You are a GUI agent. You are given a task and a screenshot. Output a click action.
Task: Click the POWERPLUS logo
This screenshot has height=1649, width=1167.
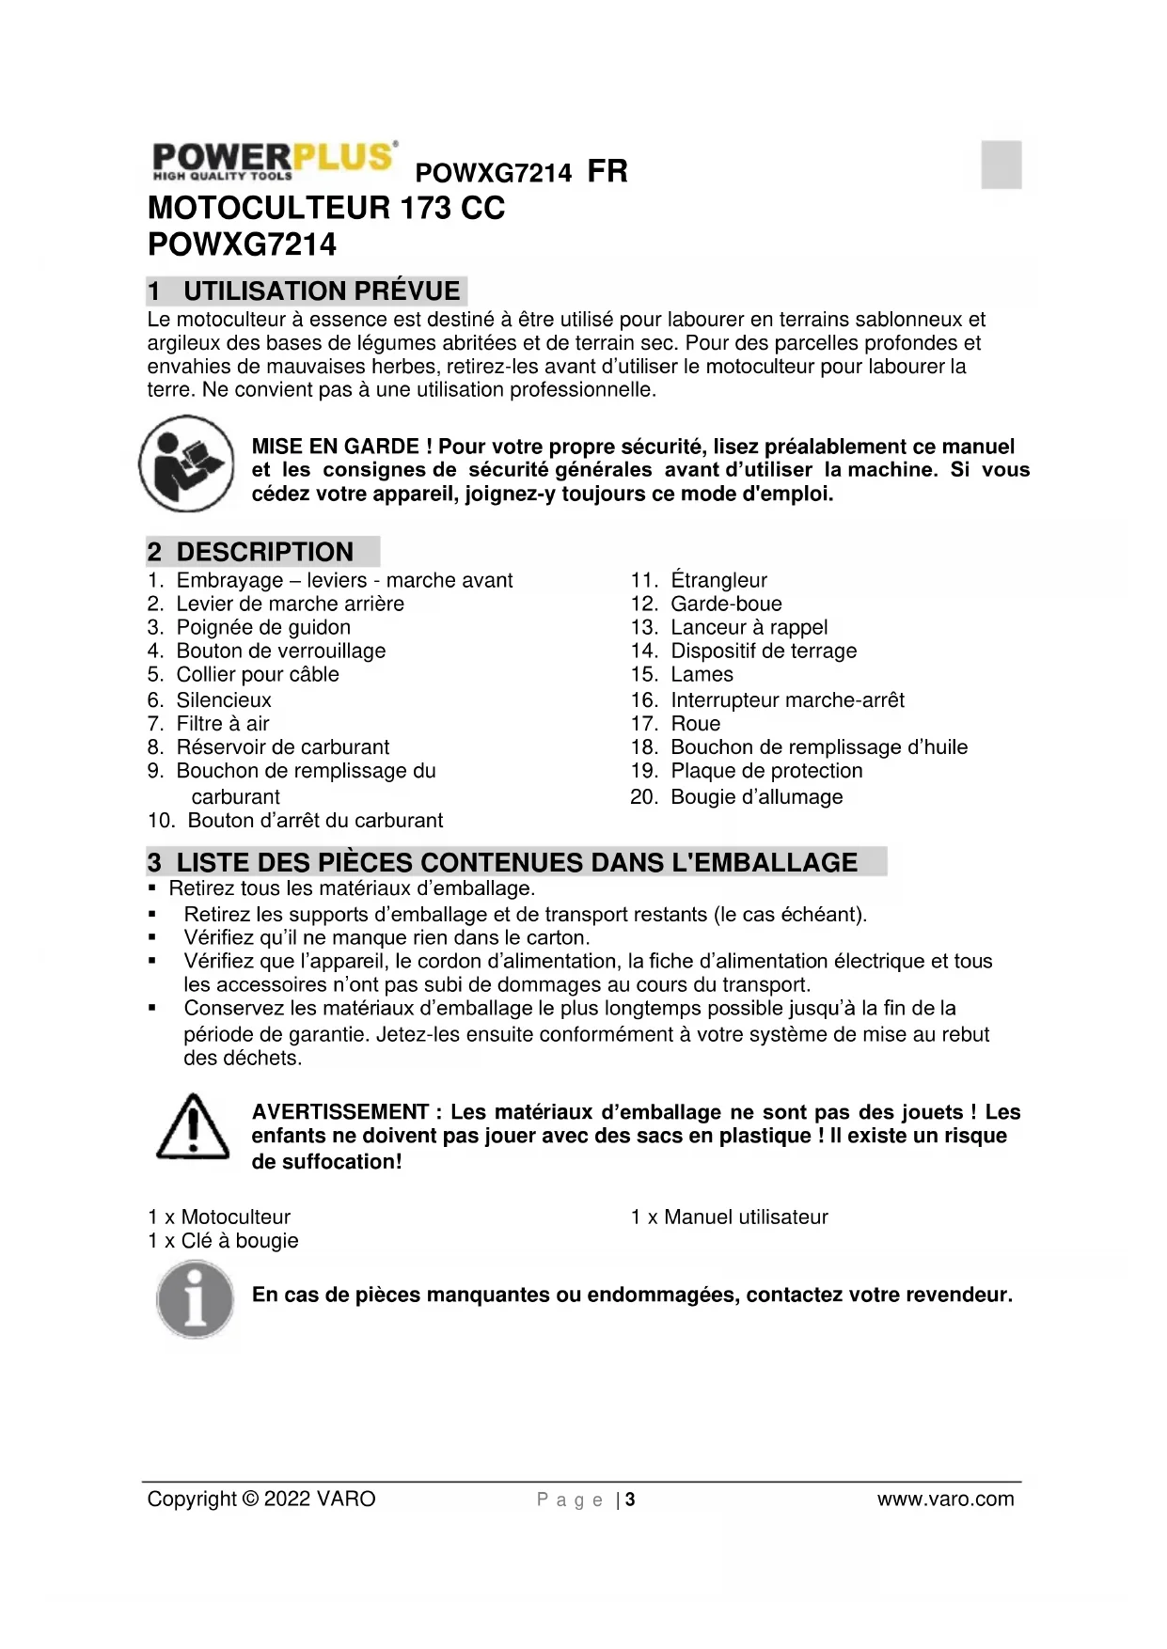(274, 161)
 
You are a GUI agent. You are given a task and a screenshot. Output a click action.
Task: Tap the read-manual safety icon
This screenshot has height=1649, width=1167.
(186, 463)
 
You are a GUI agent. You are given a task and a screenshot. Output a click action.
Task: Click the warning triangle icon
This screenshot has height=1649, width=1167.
(193, 1127)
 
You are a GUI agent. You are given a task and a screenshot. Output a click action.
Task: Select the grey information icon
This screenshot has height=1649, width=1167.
(195, 1299)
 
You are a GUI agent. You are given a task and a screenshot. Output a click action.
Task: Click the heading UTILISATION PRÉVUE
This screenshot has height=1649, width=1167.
(322, 291)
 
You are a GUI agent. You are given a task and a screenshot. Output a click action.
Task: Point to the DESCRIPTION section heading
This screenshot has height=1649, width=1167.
(264, 552)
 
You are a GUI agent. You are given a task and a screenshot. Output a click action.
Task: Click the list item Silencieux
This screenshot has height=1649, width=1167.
(224, 700)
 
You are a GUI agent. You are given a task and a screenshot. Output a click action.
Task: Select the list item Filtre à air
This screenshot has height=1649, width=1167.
(223, 724)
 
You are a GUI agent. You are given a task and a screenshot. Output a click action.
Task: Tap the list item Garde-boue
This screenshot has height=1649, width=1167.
(726, 604)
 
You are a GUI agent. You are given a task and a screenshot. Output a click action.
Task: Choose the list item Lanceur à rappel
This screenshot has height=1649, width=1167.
(749, 627)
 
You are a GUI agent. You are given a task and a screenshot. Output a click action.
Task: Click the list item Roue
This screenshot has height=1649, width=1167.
(695, 724)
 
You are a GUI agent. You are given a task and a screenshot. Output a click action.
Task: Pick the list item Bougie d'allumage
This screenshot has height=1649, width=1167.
(756, 797)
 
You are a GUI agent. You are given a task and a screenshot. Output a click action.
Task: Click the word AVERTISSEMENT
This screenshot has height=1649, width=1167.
(340, 1112)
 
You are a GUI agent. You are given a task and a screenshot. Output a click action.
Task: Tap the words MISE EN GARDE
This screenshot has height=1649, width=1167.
(336, 447)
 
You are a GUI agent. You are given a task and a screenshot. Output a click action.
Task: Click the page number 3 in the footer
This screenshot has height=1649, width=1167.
(630, 1500)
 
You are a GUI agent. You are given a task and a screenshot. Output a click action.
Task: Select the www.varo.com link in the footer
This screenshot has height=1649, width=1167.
(945, 1500)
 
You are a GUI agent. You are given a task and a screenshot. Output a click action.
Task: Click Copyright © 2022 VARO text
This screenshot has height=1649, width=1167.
(261, 1500)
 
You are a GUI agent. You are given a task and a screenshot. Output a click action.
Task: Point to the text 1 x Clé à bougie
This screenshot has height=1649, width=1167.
(223, 1241)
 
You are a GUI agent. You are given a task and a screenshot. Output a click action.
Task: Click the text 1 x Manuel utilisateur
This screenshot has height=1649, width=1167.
(729, 1217)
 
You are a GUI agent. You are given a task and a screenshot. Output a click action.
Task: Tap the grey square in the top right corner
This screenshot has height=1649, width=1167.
(1001, 165)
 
